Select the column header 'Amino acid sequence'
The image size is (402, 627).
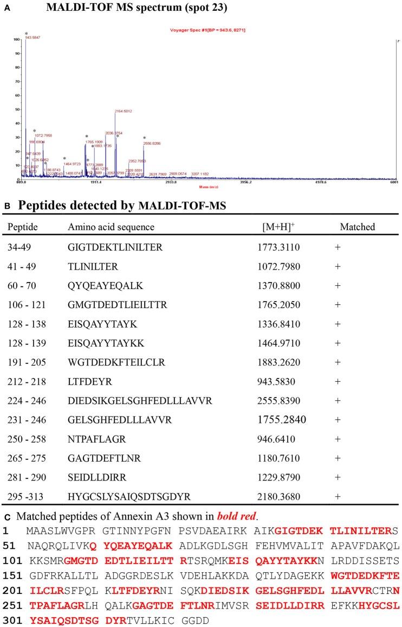point(111,227)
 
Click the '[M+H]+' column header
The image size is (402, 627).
point(275,226)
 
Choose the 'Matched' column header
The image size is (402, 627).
point(357,227)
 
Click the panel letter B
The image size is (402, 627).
point(7,207)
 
